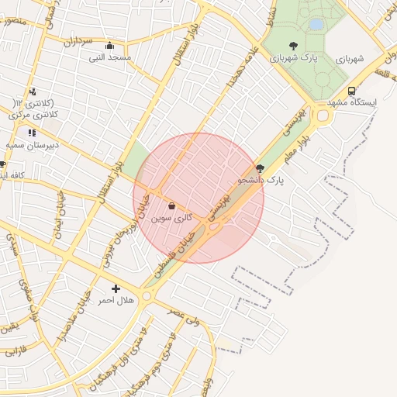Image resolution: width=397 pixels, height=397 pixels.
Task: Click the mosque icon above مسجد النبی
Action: (109, 45)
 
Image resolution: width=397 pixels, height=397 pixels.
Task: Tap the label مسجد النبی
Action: (109, 57)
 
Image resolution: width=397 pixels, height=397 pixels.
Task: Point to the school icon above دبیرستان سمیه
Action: (32, 133)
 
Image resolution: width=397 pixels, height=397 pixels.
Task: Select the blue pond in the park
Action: (316, 25)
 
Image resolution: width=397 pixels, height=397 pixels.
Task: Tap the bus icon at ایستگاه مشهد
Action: (352, 90)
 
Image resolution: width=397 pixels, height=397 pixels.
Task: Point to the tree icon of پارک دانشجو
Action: (260, 168)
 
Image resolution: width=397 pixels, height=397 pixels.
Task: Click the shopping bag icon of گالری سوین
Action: (171, 206)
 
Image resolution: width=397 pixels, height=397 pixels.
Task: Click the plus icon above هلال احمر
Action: (116, 288)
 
